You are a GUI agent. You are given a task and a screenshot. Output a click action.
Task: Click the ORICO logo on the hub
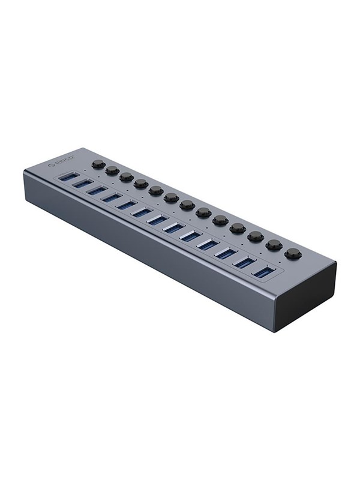[x=61, y=161]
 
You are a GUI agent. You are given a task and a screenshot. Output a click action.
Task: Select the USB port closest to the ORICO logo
[x=67, y=178]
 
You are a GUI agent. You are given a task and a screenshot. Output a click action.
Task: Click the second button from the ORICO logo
[x=112, y=170]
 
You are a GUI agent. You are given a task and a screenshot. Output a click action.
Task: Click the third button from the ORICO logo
[x=126, y=177]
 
